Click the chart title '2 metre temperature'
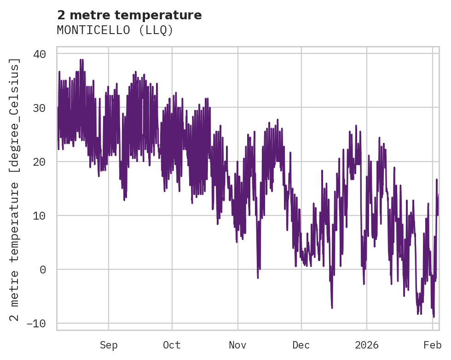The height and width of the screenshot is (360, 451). click(x=129, y=15)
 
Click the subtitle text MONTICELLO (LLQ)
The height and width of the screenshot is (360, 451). click(x=115, y=30)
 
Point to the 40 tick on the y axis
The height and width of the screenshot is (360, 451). click(x=40, y=54)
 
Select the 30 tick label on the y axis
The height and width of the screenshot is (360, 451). click(x=40, y=108)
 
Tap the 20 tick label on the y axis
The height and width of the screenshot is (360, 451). click(x=40, y=162)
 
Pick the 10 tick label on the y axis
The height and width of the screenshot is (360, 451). click(x=40, y=215)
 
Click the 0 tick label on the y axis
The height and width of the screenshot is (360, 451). click(x=43, y=269)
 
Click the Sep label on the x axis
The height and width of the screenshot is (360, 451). click(x=109, y=345)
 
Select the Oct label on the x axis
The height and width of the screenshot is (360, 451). click(x=172, y=345)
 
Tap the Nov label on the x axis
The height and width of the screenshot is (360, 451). click(x=238, y=345)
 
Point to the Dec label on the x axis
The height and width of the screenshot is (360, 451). click(x=301, y=345)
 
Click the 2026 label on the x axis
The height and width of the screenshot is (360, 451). click(x=367, y=345)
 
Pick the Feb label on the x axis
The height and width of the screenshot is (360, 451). click(x=433, y=345)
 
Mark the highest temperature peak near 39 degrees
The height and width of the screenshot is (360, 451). click(x=81, y=60)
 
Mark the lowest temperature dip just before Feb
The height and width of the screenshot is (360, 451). click(x=434, y=316)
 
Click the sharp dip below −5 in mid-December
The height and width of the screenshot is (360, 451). click(x=332, y=307)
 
